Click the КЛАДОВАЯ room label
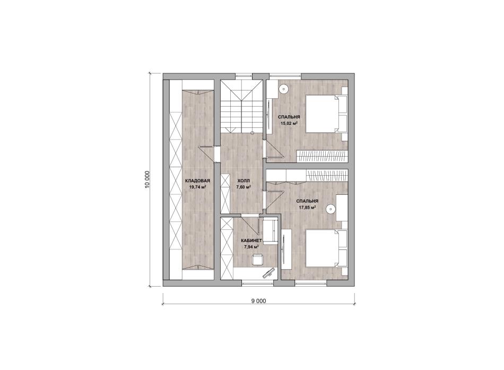(x=197, y=181)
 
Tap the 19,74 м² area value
(x=197, y=187)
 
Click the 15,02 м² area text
(x=289, y=123)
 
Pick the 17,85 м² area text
(x=307, y=208)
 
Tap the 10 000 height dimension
(x=147, y=179)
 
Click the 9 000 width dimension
(x=259, y=301)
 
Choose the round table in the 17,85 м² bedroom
(x=331, y=210)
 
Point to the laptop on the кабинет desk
(x=268, y=273)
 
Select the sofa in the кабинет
(x=270, y=231)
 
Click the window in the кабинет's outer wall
(x=257, y=283)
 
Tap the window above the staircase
(x=244, y=76)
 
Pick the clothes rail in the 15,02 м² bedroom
(x=323, y=156)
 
